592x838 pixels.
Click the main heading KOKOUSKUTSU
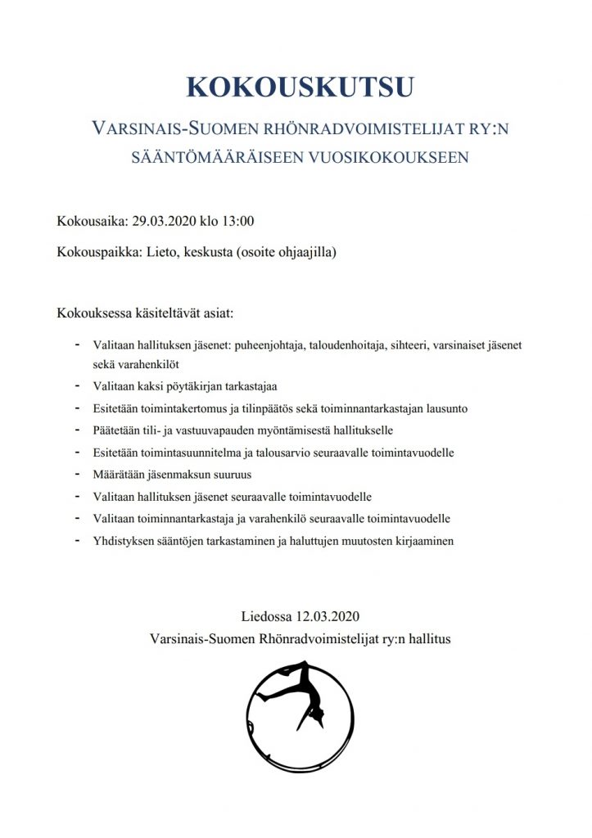point(296,88)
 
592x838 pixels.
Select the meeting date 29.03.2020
point(161,221)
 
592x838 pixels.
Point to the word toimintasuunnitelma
point(188,452)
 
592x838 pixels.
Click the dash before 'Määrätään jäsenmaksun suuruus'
point(78,474)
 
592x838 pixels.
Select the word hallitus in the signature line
point(424,637)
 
